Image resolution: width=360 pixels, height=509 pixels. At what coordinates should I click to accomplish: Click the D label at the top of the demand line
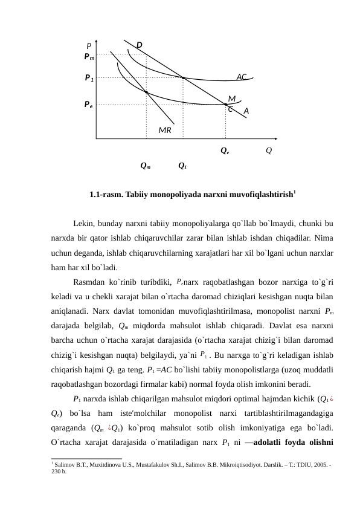[139, 45]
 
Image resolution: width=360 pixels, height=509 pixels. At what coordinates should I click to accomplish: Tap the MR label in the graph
[165, 129]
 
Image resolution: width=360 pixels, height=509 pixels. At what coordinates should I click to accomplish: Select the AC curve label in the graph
[242, 77]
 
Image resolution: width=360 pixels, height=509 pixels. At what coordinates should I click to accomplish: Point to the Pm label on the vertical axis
[89, 56]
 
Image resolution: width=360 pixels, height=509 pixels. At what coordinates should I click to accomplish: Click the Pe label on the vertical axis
[88, 104]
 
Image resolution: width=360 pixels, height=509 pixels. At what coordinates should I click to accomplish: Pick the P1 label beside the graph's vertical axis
[89, 78]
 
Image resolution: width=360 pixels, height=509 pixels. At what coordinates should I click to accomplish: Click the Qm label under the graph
[145, 165]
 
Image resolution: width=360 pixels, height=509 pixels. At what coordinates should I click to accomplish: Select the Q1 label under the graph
[182, 165]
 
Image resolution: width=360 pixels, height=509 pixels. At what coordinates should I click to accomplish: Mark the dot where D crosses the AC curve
[183, 77]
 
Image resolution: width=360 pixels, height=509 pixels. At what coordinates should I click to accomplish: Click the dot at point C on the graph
[226, 105]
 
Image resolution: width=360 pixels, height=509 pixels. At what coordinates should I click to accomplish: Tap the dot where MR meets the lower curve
[146, 92]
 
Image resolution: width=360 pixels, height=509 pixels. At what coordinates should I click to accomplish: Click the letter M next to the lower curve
[232, 98]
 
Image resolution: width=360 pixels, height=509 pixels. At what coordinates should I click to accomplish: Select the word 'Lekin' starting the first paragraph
[83, 224]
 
